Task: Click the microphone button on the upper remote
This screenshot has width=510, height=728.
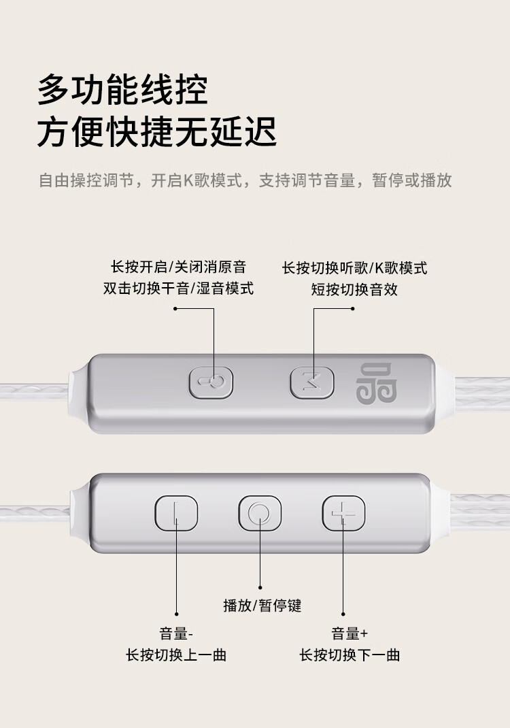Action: (211, 382)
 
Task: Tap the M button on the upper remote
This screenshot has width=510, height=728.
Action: (312, 382)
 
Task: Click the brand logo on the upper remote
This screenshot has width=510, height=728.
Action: (376, 383)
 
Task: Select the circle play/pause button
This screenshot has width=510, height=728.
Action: (260, 513)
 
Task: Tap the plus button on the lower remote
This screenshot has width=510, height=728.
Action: (343, 513)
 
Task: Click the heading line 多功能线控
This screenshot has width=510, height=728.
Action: (122, 90)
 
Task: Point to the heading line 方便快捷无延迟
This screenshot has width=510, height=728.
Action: (157, 132)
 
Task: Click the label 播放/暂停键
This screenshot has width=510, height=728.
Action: (262, 606)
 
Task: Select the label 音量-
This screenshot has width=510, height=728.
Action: (176, 633)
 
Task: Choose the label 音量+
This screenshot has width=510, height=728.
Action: (350, 633)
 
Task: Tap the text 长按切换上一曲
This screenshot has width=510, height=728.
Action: (176, 655)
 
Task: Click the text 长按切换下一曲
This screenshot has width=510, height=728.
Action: (350, 655)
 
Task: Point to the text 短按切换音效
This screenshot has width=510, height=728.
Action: (354, 289)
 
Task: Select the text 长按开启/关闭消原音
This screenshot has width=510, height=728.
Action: (178, 267)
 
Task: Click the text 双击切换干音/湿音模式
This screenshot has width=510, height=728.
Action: (178, 288)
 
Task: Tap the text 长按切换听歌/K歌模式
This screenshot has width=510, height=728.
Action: (354, 268)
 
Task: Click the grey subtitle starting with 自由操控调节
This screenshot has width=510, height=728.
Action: (245, 180)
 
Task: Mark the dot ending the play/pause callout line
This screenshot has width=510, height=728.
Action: (260, 588)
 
